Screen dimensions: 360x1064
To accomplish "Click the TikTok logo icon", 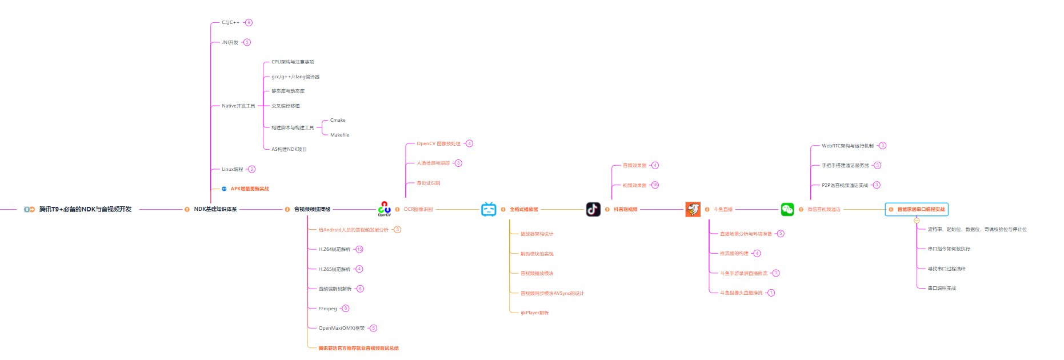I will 593,209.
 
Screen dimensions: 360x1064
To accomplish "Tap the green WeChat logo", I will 787,209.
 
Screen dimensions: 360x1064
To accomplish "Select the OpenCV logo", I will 385,209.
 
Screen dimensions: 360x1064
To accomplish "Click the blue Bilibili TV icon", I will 489,209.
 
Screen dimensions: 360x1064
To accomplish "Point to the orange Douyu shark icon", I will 693,209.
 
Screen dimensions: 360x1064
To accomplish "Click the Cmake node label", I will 338,120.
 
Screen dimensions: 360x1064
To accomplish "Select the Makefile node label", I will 339,135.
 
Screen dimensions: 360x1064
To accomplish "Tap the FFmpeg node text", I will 327,309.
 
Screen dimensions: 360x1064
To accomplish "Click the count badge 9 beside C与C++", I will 249,22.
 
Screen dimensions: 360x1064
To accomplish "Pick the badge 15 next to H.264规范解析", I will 359,249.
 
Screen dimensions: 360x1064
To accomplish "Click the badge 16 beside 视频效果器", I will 655,185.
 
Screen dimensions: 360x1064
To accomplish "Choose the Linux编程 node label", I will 232,169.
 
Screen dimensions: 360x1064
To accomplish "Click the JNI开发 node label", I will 230,42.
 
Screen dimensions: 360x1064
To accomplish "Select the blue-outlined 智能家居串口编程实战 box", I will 917,209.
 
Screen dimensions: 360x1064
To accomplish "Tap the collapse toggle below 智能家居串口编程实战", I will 917,220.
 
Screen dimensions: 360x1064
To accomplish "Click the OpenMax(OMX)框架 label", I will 341,328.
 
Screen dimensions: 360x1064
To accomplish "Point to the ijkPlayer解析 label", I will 534,313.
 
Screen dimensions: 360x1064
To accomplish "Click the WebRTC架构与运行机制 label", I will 847,146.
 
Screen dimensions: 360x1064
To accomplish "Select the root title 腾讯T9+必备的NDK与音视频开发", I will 85,209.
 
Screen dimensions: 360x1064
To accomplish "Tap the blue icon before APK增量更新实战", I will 224,189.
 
